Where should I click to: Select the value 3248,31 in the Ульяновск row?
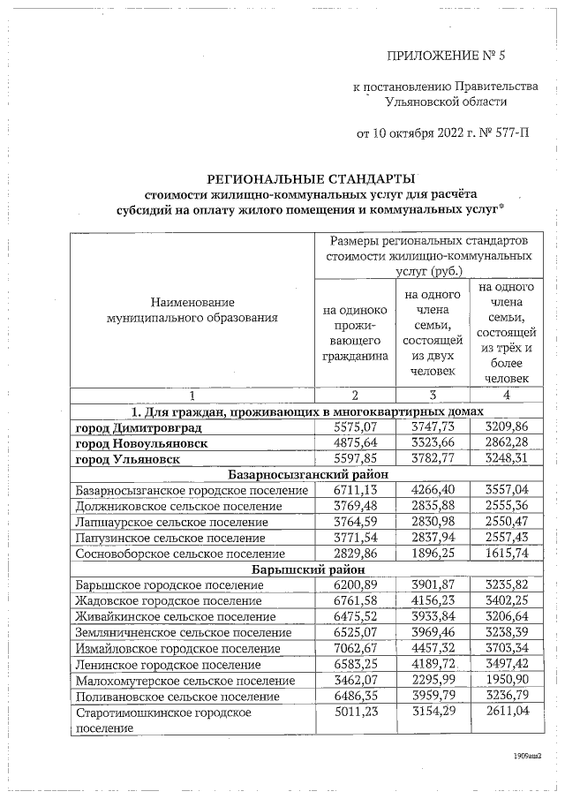click(506, 459)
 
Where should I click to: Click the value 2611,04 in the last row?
click(506, 712)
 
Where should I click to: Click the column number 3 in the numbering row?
click(433, 395)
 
